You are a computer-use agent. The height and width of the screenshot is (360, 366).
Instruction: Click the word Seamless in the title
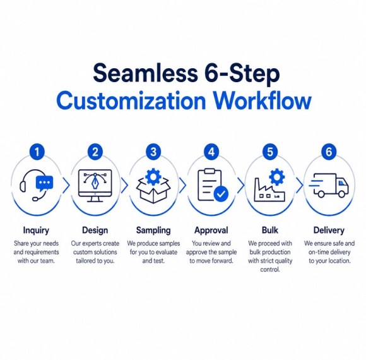[145, 73]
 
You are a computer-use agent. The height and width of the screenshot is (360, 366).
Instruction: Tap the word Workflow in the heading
[263, 101]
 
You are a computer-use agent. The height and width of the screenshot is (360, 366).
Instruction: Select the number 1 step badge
[37, 152]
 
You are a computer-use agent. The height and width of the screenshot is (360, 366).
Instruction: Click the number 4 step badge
[211, 152]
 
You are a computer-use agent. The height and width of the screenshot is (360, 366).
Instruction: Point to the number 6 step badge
[329, 152]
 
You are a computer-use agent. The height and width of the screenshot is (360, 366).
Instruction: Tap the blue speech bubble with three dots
[44, 183]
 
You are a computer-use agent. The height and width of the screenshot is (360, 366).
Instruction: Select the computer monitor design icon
[95, 186]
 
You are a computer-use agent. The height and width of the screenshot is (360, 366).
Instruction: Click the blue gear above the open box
[153, 177]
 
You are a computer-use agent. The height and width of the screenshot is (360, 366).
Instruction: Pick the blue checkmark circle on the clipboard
[221, 194]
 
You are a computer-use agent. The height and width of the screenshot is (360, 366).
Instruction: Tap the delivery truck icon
[329, 185]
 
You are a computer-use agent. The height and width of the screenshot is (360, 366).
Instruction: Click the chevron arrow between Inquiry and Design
[66, 185]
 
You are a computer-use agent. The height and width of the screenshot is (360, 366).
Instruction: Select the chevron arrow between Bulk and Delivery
[299, 185]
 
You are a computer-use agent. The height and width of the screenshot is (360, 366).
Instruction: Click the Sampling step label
[153, 230]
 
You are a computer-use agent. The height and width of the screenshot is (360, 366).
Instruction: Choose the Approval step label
[211, 230]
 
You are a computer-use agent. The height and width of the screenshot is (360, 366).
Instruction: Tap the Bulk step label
[270, 230]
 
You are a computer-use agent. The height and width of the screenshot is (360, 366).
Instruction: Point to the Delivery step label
[329, 230]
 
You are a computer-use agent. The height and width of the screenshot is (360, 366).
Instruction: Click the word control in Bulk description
[270, 269]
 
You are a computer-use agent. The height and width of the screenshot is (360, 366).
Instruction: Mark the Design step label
[95, 230]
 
